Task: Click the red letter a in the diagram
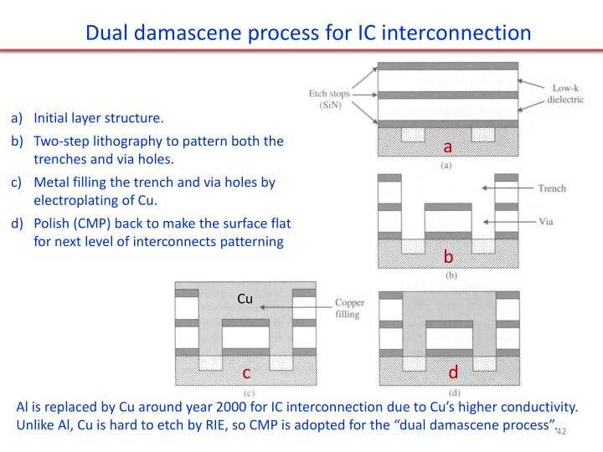click(448, 148)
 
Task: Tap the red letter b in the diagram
click(448, 256)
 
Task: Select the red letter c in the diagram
click(247, 372)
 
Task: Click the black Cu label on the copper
click(245, 298)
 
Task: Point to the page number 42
click(561, 431)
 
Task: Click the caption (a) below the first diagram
click(446, 167)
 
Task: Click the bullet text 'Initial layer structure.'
click(99, 118)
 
